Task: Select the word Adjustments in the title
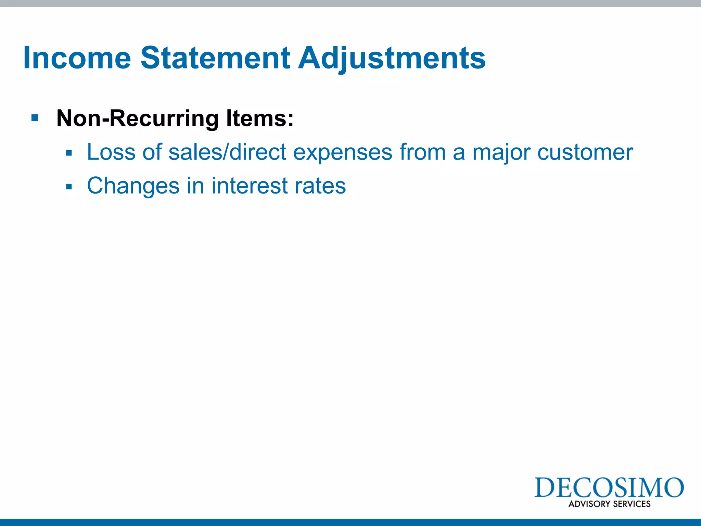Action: [392, 58]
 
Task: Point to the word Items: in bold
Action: [260, 118]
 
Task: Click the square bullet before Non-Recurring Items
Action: [35, 118]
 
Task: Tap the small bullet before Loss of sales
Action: [69, 153]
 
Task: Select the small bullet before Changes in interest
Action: [69, 187]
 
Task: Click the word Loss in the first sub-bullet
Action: [111, 152]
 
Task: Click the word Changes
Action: [133, 186]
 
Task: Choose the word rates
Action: [320, 186]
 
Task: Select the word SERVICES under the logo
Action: [632, 504]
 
